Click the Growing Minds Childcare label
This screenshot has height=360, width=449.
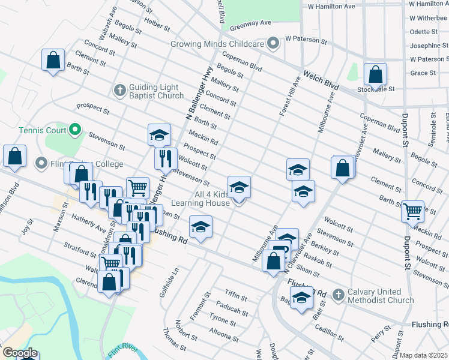click(x=217, y=44)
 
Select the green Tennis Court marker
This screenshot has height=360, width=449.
click(x=74, y=129)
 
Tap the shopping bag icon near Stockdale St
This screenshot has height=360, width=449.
click(x=375, y=75)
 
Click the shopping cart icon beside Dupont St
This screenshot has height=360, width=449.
click(x=412, y=211)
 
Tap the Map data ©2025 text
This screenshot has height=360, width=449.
click(x=423, y=355)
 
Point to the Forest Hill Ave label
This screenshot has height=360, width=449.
click(x=288, y=96)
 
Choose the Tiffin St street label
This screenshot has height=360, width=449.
click(x=236, y=296)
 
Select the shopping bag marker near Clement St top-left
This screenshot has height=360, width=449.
click(x=53, y=60)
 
